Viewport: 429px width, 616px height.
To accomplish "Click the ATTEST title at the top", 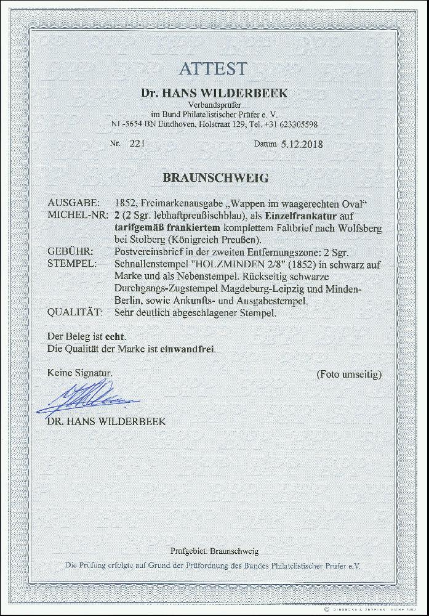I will [x=214, y=68].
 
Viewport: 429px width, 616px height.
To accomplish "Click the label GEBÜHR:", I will [x=71, y=253].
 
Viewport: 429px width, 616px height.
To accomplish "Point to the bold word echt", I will [x=116, y=336].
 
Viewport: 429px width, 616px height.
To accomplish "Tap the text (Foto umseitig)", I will [x=348, y=374].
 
